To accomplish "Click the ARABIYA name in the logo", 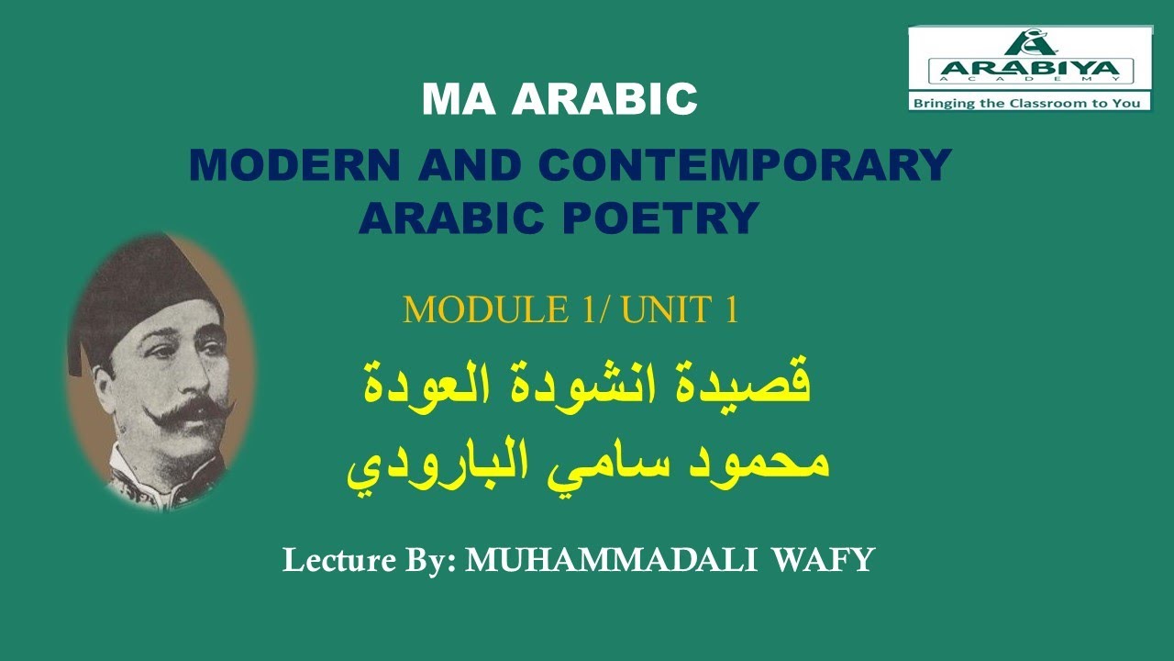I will (1030, 70).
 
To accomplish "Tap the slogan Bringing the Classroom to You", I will (1028, 103).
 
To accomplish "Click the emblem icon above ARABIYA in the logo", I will (1030, 42).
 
